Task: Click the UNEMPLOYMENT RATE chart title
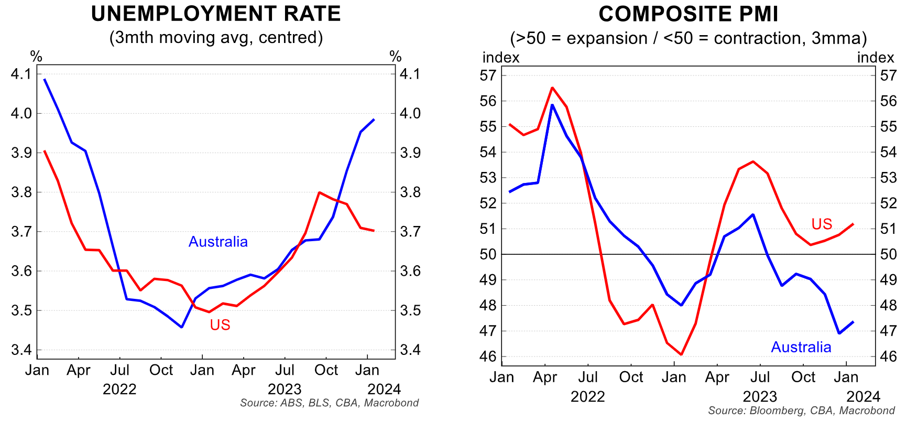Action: (216, 14)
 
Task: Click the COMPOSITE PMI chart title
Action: (689, 14)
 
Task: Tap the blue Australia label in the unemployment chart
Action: (218, 242)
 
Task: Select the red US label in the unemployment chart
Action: (220, 325)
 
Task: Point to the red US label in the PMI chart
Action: (822, 224)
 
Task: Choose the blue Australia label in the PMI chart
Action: (801, 347)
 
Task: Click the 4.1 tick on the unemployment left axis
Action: (21, 74)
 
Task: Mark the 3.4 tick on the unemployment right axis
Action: (410, 350)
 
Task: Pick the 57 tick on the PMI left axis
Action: (488, 75)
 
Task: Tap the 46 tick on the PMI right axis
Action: (889, 357)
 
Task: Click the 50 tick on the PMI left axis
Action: (488, 254)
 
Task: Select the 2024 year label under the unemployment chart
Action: (384, 389)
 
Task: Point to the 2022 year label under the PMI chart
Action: (587, 396)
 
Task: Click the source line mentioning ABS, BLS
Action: (329, 403)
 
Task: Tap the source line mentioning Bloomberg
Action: (801, 411)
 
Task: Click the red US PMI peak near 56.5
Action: (552, 88)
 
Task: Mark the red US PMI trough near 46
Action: (681, 354)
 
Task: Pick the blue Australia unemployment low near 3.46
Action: (181, 327)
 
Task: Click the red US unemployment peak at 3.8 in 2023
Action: (320, 192)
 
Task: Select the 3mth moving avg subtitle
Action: (216, 38)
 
